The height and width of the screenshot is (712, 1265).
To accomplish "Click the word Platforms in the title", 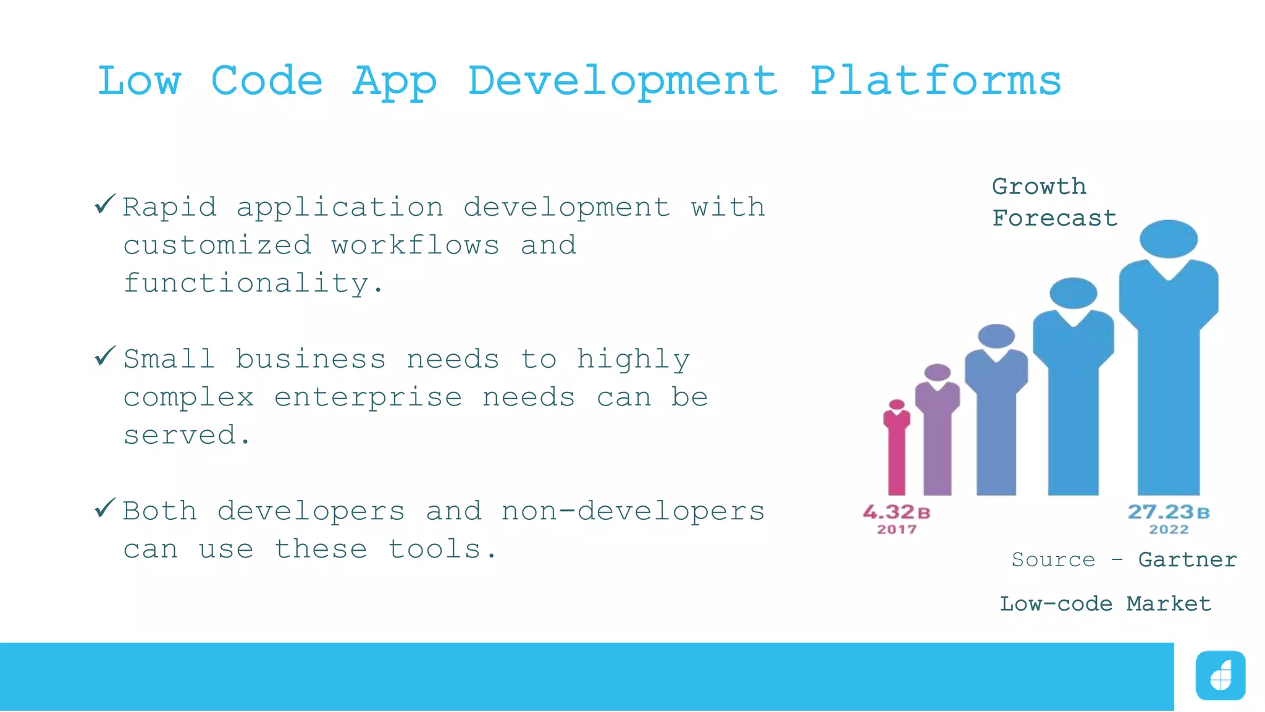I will point(935,81).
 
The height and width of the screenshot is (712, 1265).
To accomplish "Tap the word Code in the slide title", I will point(267,81).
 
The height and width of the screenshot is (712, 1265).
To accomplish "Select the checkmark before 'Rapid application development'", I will point(105,204).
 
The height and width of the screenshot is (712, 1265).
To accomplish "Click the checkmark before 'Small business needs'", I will point(105,356).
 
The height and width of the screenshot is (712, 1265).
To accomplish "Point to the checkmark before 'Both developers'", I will point(105,508).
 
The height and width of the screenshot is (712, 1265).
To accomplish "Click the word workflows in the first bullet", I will point(415,245).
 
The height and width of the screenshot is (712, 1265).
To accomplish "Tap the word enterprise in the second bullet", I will point(368,397).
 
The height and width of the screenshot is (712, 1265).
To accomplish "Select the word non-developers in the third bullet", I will point(632,511).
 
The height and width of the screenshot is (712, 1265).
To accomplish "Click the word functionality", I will point(253,284).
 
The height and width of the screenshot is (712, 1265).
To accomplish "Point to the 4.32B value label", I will point(896,512).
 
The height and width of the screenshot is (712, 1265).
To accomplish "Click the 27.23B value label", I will point(1168,512).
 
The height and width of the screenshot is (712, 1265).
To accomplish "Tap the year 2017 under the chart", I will point(897,530).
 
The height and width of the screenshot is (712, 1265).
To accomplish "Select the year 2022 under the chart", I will point(1169,530).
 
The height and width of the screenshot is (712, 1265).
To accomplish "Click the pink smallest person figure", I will point(897,451).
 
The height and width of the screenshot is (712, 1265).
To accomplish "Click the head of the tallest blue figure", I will point(1168,239).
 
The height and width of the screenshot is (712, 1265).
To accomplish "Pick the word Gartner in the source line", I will point(1187,560).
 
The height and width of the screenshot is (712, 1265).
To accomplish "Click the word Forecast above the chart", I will point(1054,218).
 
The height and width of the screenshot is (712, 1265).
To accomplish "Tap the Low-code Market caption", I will point(1105,604).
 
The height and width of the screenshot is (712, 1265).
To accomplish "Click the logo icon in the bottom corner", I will point(1220,676).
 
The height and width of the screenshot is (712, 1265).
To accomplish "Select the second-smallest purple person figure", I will point(937,433).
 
